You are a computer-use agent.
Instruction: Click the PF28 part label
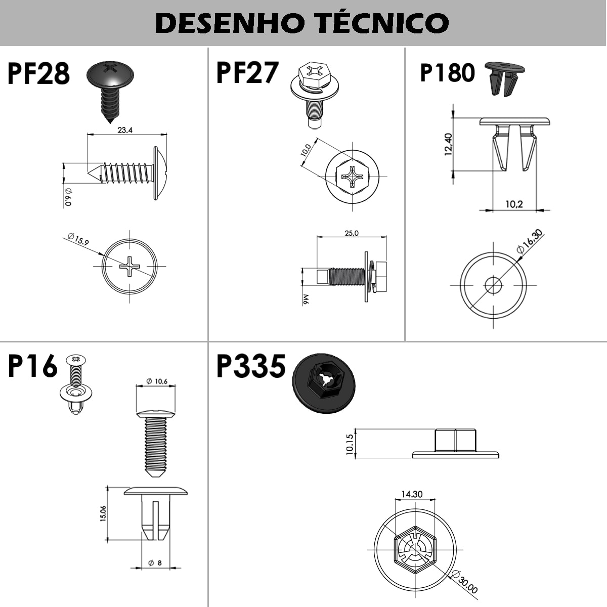(x=38, y=73)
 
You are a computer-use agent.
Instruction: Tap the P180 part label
(x=447, y=73)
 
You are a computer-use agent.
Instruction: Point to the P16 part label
(x=32, y=366)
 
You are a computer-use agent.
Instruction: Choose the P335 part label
(x=251, y=366)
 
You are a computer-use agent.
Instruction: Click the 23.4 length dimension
(x=125, y=130)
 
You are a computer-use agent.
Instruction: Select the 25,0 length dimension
(x=352, y=233)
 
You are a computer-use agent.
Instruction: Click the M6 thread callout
(x=306, y=300)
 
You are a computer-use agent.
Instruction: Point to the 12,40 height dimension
(x=448, y=144)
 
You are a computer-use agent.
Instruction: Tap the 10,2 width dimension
(x=514, y=204)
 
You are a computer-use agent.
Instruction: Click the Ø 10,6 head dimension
(x=157, y=381)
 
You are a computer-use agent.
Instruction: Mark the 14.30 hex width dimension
(x=412, y=494)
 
